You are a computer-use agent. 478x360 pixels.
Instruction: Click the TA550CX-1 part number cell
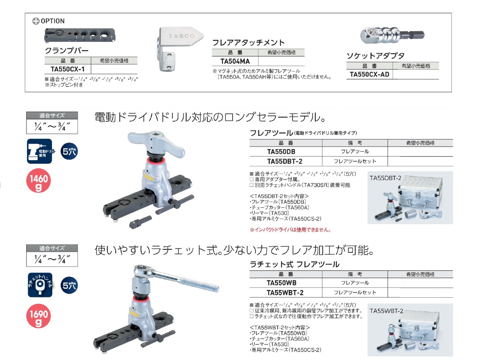68,69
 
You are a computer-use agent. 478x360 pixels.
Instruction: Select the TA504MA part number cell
235,61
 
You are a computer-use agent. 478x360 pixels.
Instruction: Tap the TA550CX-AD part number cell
369,75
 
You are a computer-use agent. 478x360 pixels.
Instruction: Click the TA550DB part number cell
281,152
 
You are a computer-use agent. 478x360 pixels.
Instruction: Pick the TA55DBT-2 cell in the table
285,161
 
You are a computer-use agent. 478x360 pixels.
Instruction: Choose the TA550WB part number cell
281,283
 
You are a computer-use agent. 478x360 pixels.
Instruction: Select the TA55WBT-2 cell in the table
285,292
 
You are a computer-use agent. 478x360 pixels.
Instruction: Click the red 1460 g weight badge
38,181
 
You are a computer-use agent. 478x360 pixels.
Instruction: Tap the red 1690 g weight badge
38,316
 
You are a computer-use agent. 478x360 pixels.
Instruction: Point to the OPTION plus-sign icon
36,21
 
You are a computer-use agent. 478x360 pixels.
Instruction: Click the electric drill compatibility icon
40,151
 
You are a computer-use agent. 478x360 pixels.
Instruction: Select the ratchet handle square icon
40,285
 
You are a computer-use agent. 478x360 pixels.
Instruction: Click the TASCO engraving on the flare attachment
181,36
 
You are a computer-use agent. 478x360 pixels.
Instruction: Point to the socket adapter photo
392,35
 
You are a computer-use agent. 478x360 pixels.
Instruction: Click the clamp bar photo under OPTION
80,35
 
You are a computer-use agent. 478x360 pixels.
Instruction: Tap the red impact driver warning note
290,230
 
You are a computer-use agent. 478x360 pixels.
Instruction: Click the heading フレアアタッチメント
248,43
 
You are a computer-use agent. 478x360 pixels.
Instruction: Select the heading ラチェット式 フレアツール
295,264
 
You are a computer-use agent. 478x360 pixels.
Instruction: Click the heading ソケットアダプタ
375,56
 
